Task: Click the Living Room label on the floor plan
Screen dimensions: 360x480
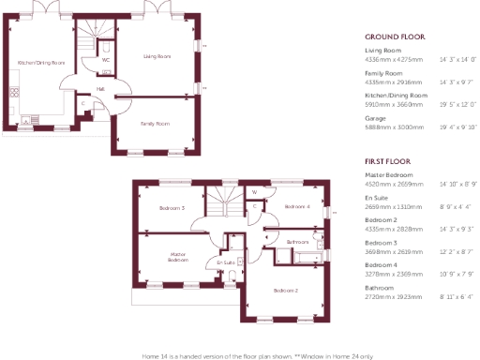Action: [157, 57]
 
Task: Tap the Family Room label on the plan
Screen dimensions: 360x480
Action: [155, 123]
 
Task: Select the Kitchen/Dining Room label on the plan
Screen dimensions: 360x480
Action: [41, 63]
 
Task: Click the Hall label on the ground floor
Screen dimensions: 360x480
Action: [100, 89]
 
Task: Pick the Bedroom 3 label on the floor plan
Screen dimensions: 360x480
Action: [171, 207]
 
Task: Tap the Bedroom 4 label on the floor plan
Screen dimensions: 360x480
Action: [296, 206]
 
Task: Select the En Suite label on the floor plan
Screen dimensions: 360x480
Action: [225, 263]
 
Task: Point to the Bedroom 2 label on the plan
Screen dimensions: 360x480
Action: [285, 291]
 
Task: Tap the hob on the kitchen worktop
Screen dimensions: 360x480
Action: [14, 92]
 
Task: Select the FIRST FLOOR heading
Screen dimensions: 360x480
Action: [389, 161]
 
